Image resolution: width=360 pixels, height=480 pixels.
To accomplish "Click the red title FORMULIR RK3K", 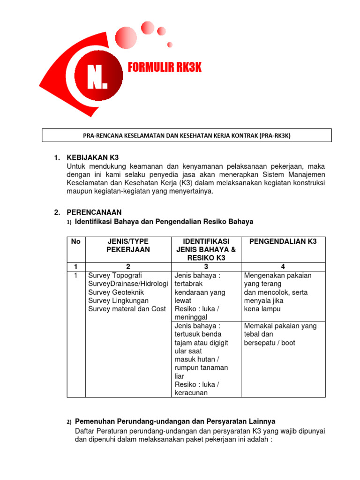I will coord(165,68).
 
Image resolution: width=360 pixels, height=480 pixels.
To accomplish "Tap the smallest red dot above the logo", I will coord(170,45).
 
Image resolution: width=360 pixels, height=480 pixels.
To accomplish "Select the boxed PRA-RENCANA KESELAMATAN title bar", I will coord(187,135).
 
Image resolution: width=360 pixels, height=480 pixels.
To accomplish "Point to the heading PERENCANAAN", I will coord(94,212).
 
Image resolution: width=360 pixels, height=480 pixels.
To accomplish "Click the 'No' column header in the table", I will coord(75,241).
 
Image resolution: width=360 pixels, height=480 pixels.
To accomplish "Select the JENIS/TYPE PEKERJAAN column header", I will coord(128,246).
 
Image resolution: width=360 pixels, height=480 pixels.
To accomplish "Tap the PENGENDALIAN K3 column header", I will coord(283,241).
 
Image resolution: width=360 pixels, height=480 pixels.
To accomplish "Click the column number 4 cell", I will coord(283,266).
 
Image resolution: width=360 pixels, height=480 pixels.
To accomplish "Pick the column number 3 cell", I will coord(206,266).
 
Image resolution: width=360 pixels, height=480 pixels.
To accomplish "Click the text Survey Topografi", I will coord(115,275).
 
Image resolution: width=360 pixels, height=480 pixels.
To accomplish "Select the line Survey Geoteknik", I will coord(116,292).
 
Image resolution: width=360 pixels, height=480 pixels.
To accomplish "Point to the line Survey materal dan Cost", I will coord(127,309).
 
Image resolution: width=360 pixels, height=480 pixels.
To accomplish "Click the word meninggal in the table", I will coord(191,317).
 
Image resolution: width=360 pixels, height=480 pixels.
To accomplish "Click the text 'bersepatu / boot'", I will coord(270,343).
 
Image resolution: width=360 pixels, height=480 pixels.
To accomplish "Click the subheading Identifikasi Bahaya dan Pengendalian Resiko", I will coord(164,221).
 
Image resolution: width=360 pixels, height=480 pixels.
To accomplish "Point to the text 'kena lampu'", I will coord(261,309).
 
